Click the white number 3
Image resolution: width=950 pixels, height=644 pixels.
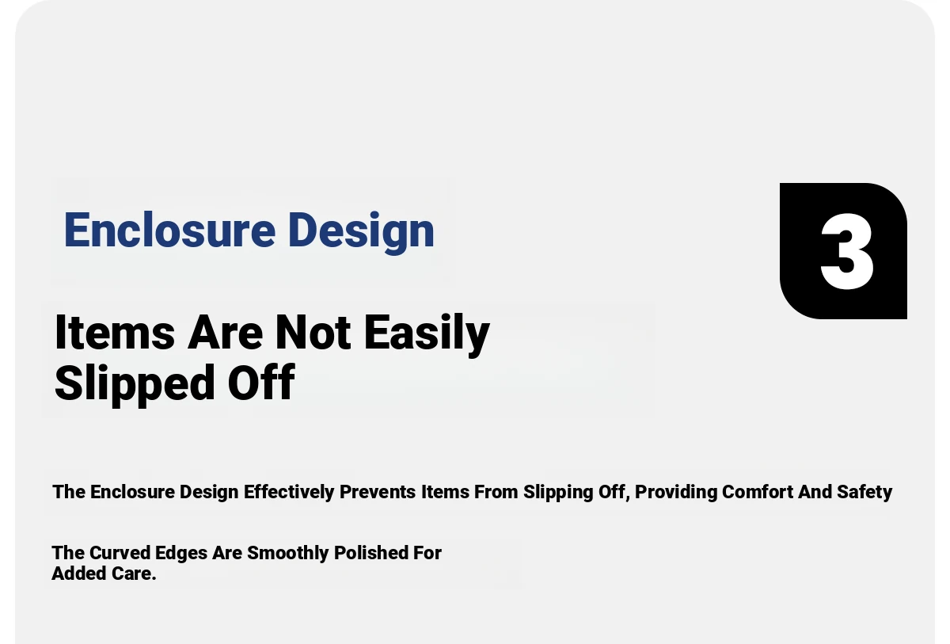pyautogui.click(x=847, y=251)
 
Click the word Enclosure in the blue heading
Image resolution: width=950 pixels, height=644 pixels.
pyautogui.click(x=169, y=230)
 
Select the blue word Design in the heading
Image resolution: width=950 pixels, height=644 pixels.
pyautogui.click(x=361, y=232)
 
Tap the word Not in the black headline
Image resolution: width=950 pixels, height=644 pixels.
pyautogui.click(x=313, y=333)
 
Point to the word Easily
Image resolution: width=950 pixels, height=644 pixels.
pyautogui.click(x=427, y=335)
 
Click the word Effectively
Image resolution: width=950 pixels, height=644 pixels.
pyautogui.click(x=289, y=492)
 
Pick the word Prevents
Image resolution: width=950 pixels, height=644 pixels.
pyautogui.click(x=378, y=492)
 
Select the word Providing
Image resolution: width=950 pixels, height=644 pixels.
pyautogui.click(x=675, y=493)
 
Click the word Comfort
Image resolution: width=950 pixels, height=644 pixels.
pyautogui.click(x=758, y=492)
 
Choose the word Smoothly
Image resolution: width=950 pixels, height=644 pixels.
pyautogui.click(x=288, y=554)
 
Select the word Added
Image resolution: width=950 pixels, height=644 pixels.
pyautogui.click(x=79, y=574)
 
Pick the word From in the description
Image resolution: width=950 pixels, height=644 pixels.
pyautogui.click(x=496, y=492)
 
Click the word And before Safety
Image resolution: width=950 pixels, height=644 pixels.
pyautogui.click(x=815, y=492)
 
